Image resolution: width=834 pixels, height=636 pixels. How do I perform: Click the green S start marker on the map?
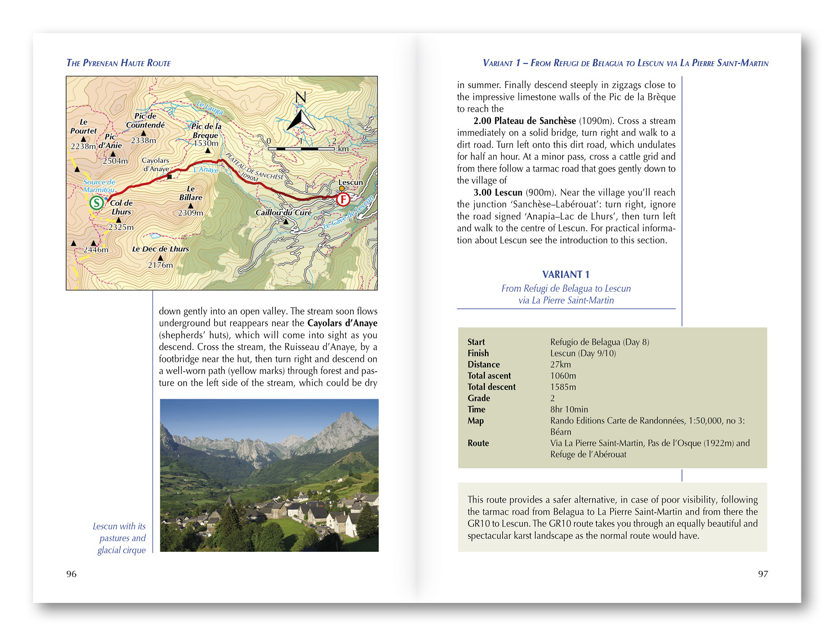tap(97, 202)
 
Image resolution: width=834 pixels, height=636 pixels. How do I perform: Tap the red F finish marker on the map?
tap(343, 199)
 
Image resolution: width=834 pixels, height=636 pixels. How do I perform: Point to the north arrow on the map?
tap(301, 114)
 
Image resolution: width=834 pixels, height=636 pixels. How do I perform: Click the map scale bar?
tap(301, 149)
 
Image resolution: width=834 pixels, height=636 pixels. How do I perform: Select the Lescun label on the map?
tap(350, 182)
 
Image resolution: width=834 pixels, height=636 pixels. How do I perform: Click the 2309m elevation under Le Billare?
tap(191, 213)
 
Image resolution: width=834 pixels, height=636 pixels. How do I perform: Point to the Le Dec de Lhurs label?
tap(160, 249)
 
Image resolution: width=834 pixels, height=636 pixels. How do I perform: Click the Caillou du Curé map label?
tap(283, 213)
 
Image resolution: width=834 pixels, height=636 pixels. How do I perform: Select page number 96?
tap(71, 574)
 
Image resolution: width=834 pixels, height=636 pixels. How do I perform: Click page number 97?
tap(763, 574)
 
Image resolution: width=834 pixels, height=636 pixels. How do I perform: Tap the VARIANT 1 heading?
tap(566, 274)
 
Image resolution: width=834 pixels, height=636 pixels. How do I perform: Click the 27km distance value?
tap(560, 365)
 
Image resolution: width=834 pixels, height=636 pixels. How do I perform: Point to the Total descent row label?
tap(492, 387)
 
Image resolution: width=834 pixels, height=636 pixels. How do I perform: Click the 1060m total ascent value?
tap(563, 376)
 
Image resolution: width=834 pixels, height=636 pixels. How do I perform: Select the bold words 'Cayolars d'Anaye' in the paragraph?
tap(342, 323)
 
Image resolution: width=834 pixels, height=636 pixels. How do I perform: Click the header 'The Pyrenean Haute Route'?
tap(118, 63)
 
